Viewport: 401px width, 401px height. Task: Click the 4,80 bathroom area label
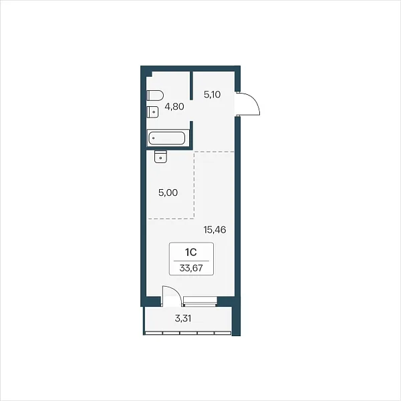pyautogui.click(x=174, y=107)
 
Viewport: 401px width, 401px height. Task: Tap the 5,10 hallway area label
pyautogui.click(x=212, y=95)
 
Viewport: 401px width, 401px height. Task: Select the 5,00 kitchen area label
pyautogui.click(x=168, y=192)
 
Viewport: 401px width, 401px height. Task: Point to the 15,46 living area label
pyautogui.click(x=215, y=230)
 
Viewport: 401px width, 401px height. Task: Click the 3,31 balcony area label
pyautogui.click(x=183, y=318)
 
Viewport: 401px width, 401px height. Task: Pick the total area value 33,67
pyautogui.click(x=191, y=268)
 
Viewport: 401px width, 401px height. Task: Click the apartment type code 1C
pyautogui.click(x=190, y=253)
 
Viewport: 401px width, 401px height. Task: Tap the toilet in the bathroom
pyautogui.click(x=155, y=96)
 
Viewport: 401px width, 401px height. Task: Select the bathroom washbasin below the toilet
pyautogui.click(x=153, y=112)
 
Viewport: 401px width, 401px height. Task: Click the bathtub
pyautogui.click(x=166, y=138)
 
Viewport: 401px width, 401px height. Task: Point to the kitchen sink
pyautogui.click(x=160, y=157)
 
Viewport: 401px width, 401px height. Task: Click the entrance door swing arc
pyautogui.click(x=254, y=100)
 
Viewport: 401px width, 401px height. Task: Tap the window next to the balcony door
pyautogui.click(x=200, y=301)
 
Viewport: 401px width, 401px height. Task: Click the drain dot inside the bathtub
pyautogui.click(x=154, y=138)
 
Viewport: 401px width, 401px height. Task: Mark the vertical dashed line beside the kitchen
pyautogui.click(x=194, y=185)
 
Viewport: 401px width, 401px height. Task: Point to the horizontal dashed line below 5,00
pyautogui.click(x=171, y=219)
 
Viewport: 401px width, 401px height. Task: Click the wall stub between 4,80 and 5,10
pyautogui.click(x=191, y=86)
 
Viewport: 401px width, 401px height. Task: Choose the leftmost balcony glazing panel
pyautogui.click(x=154, y=333)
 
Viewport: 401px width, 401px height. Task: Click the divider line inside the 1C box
pyautogui.click(x=191, y=261)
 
